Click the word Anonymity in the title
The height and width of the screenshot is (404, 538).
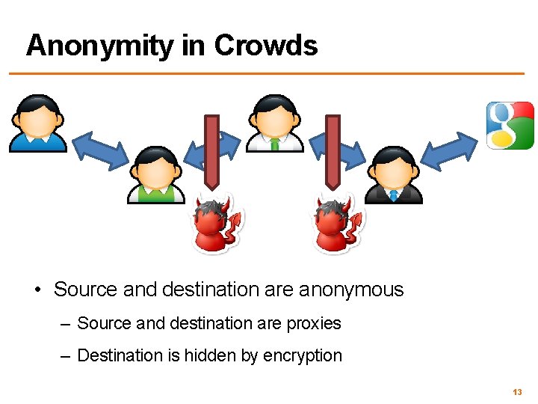[99, 46]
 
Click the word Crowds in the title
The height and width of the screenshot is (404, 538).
[266, 46]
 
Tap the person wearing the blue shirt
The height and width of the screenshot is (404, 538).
[37, 123]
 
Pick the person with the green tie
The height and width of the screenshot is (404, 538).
[274, 123]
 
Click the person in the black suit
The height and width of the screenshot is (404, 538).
[393, 175]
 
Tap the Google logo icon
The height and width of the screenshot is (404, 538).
[510, 125]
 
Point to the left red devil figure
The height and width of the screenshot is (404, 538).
[217, 224]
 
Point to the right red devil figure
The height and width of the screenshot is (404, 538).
[336, 224]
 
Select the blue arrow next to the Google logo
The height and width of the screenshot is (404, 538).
[451, 150]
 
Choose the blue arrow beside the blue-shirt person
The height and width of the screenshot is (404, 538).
[100, 150]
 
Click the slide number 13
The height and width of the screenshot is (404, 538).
[517, 392]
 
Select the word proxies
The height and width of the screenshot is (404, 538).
[313, 323]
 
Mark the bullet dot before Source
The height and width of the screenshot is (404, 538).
[37, 290]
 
